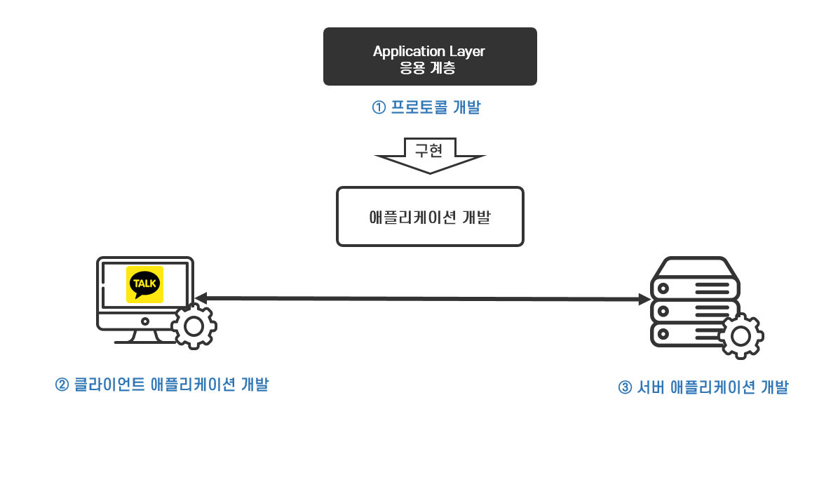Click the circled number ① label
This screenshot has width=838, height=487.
[x=379, y=108]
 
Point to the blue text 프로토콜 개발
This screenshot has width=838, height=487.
[x=435, y=108]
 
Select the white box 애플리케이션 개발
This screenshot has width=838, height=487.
[x=430, y=216]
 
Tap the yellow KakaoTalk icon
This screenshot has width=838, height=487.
[x=144, y=284]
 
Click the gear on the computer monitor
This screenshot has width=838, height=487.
[x=194, y=326]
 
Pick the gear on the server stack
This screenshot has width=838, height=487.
[x=740, y=336]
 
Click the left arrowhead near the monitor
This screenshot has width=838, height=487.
[x=201, y=298]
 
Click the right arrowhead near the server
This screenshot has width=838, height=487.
[x=644, y=300]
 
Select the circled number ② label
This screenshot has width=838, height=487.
[x=62, y=385]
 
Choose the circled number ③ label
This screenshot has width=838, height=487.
[x=625, y=388]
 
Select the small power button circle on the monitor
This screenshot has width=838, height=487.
[x=145, y=321]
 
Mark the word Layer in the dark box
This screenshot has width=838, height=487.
[x=466, y=52]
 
